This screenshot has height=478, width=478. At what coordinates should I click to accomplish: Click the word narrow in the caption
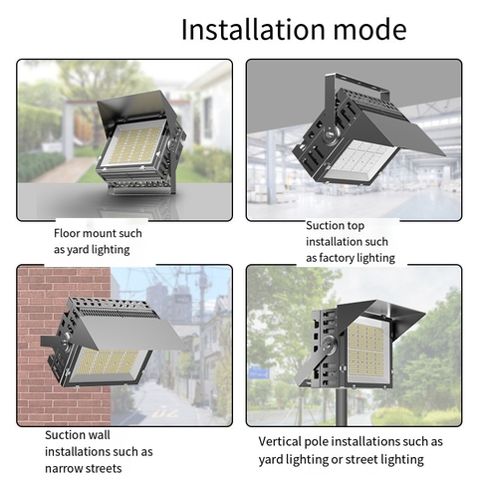[68, 468]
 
